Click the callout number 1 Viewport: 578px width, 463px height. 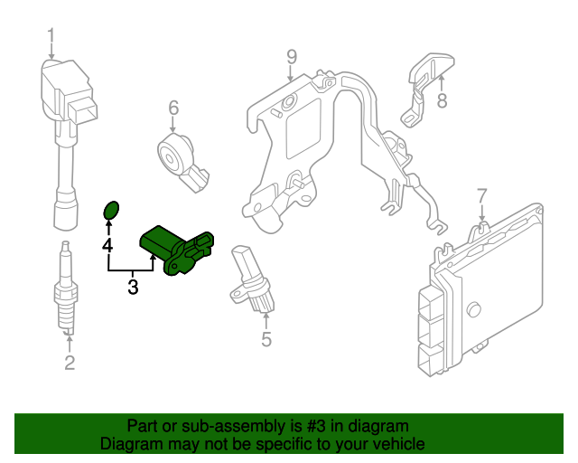point(51,35)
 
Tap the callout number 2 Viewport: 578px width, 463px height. point(70,364)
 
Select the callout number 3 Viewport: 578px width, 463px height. point(133,288)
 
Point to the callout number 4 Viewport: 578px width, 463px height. point(107,244)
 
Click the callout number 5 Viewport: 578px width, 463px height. point(266,340)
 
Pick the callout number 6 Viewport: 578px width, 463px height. point(173,109)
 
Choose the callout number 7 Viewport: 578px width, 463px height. point(481,195)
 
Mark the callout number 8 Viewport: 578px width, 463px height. point(442,101)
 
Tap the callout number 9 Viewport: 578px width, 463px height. point(291,57)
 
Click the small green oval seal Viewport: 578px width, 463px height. point(109,212)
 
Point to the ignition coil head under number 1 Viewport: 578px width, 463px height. point(65,95)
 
